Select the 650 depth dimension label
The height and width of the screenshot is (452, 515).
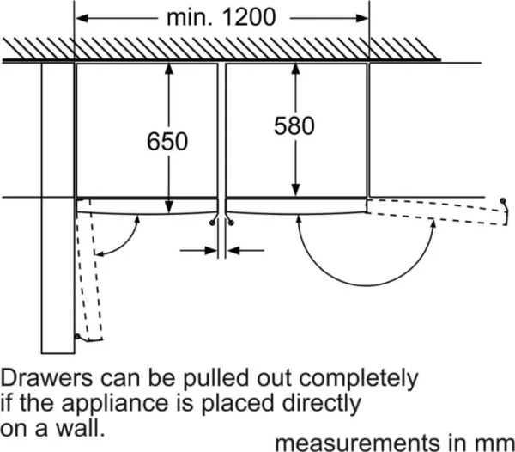click(x=167, y=141)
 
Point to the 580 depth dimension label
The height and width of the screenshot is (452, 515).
click(x=294, y=126)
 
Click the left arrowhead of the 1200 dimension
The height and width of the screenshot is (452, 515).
click(x=83, y=17)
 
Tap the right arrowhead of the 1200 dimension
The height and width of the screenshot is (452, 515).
click(x=362, y=17)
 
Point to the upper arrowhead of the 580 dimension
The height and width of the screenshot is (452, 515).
click(x=294, y=70)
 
